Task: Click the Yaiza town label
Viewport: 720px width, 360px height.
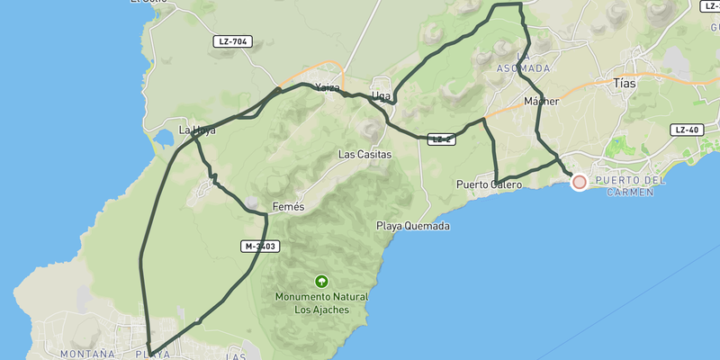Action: coord(328,88)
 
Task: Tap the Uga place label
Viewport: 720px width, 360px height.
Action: coord(381,95)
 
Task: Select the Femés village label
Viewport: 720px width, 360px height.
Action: coord(289,206)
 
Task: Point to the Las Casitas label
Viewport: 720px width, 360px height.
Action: coord(364,154)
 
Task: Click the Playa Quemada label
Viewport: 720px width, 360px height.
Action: coord(412,226)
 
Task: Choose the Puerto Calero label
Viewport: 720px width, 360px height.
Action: coord(489,184)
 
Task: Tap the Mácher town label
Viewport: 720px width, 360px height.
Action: coord(541,102)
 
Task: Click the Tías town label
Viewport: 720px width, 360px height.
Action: coord(624,83)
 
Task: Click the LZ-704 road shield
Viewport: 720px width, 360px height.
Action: coord(233,41)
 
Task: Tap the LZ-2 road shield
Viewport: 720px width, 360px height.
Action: coord(441,139)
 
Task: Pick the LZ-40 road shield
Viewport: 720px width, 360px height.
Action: coord(686,130)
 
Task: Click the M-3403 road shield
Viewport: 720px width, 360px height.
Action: coord(259,246)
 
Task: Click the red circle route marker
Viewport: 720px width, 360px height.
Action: coord(580,182)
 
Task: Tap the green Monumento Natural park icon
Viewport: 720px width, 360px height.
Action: coord(321,281)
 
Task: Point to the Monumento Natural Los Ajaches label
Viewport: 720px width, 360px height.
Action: coord(321,302)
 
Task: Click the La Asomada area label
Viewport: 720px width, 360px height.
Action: coord(523,63)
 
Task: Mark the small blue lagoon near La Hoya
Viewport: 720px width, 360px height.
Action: coord(164,139)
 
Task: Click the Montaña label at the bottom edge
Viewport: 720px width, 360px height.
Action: coord(87,354)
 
